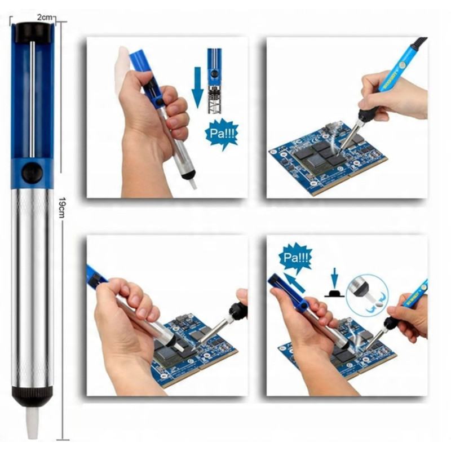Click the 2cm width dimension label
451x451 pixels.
tap(45, 17)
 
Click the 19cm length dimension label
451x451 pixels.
tap(61, 207)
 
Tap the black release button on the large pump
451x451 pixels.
tap(32, 173)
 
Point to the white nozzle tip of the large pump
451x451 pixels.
tap(32, 422)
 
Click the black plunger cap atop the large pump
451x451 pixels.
tap(33, 33)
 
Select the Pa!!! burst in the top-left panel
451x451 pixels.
tap(222, 134)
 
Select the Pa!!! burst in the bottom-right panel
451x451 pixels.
tap(295, 258)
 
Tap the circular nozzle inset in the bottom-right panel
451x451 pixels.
tap(367, 295)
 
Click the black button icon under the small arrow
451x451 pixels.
tap(334, 294)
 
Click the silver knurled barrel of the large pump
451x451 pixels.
tap(32, 288)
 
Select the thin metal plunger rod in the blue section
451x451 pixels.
tap(32, 100)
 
